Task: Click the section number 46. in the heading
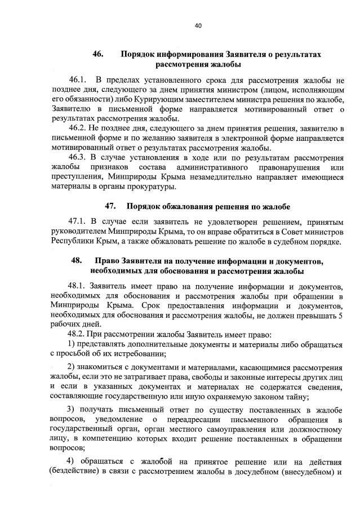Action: [99, 54]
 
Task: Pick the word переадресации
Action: [195, 419]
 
